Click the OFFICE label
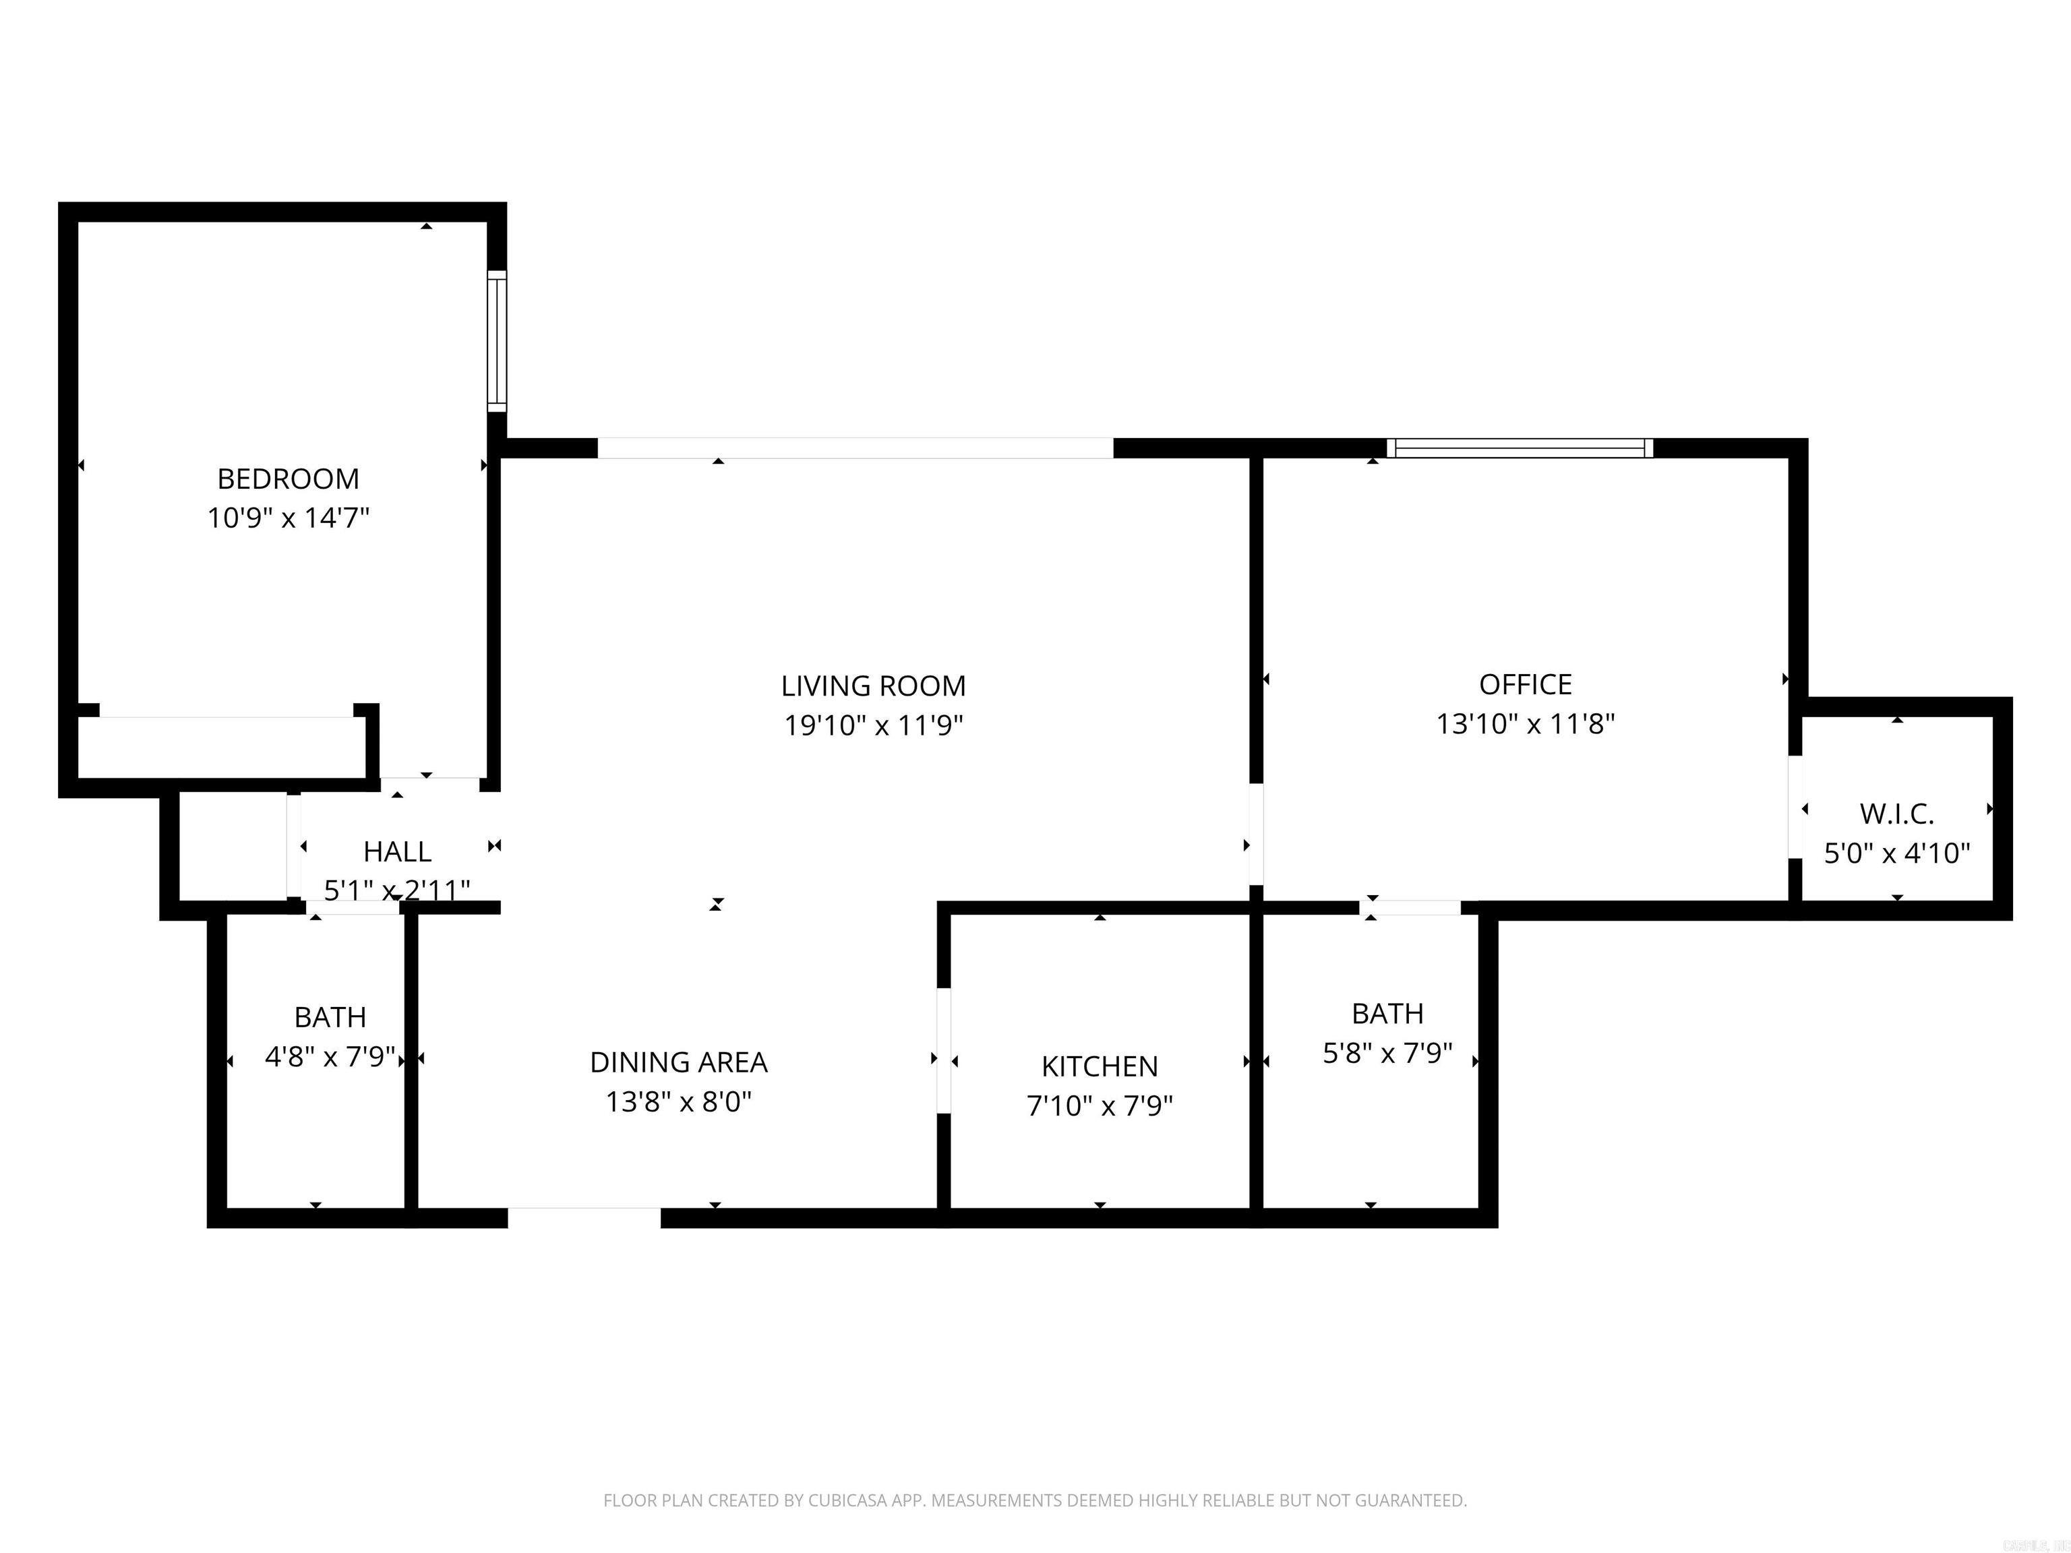click(x=1525, y=684)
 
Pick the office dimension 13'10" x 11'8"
click(x=1525, y=724)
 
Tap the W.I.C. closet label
click(x=1897, y=814)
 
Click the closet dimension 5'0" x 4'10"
click(x=1897, y=853)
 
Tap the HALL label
click(x=397, y=852)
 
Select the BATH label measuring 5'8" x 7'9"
click(x=1387, y=1013)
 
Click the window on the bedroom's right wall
click(x=497, y=341)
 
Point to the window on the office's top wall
click(x=1520, y=448)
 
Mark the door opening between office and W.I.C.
click(x=1795, y=807)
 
